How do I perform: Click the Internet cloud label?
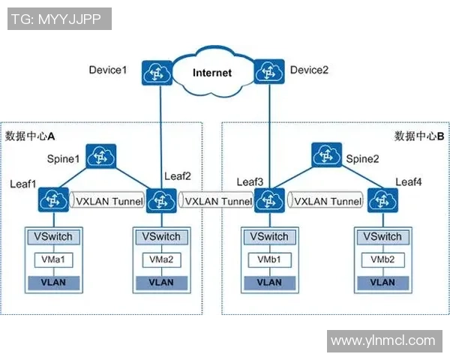pyautogui.click(x=212, y=73)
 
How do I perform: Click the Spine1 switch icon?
pyautogui.click(x=97, y=157)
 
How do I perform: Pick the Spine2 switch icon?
pyautogui.click(x=325, y=157)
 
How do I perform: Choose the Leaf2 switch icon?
pyautogui.click(x=160, y=201)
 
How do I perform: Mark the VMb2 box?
pyautogui.click(x=382, y=259)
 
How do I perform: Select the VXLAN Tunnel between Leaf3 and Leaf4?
pyautogui.click(x=328, y=201)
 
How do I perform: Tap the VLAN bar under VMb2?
pyautogui.click(x=382, y=283)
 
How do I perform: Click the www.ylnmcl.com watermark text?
pyautogui.click(x=383, y=341)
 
